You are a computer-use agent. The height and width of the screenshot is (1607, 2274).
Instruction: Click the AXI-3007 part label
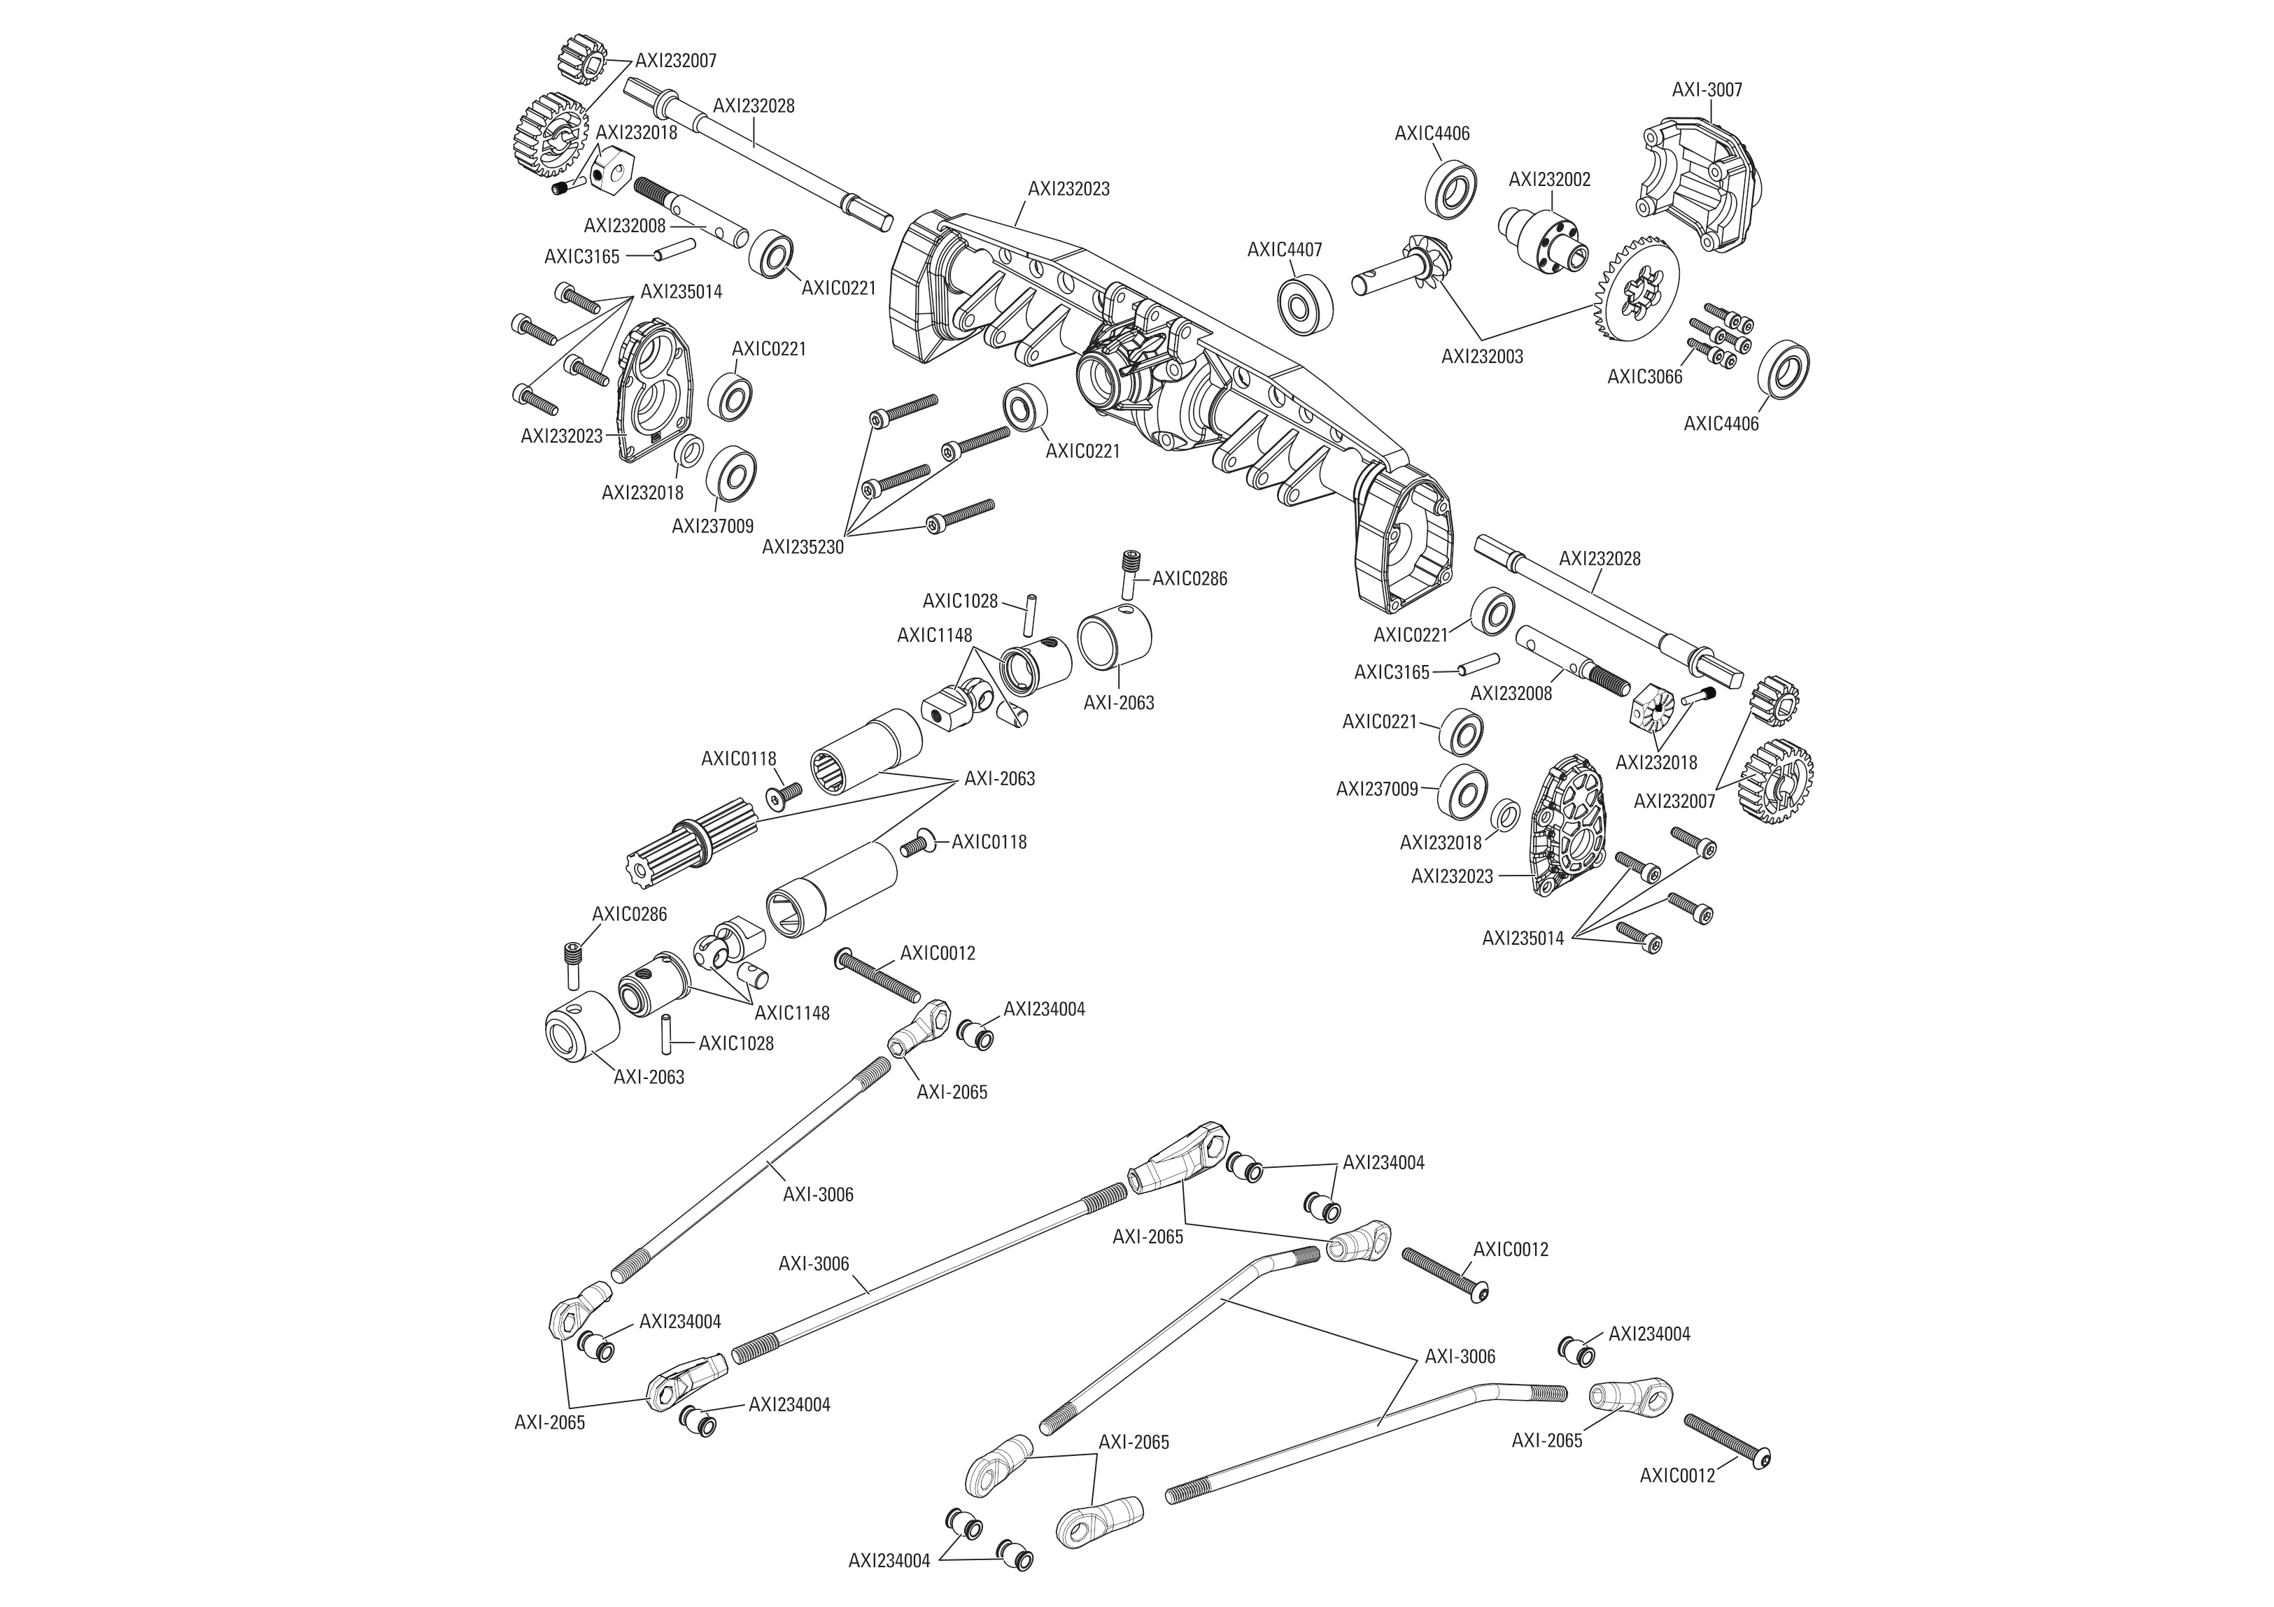[x=1707, y=90]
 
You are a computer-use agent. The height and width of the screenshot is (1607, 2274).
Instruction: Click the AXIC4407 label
[x=1285, y=250]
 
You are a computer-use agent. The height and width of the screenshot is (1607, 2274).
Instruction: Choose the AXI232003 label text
[x=1482, y=357]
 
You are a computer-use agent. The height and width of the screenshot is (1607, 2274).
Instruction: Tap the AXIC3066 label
[x=1644, y=377]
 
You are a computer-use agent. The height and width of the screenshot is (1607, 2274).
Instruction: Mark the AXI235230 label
[x=803, y=547]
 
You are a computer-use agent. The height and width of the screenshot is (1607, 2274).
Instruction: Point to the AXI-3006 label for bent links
[x=1459, y=1357]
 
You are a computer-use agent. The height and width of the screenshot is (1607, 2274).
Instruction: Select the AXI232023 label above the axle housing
[x=1068, y=188]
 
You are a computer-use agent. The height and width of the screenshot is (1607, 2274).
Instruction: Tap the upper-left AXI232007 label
[x=675, y=60]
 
